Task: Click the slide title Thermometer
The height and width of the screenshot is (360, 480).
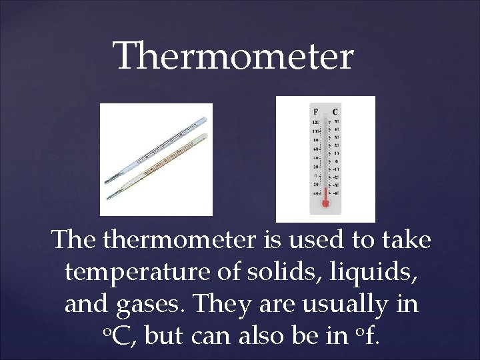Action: (233, 56)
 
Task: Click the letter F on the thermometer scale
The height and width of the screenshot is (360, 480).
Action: (315, 112)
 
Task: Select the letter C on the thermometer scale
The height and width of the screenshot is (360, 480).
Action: (335, 112)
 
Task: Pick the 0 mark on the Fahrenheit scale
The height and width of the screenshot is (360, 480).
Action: (316, 175)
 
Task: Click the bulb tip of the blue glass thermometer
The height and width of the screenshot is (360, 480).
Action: (107, 181)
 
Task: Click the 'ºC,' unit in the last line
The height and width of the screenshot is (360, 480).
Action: (121, 336)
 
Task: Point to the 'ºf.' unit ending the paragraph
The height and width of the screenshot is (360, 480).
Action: (366, 335)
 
